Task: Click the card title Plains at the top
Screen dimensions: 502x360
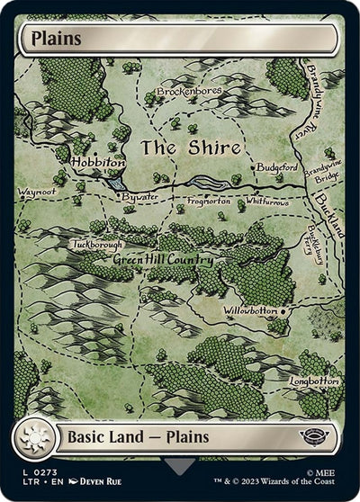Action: click(x=56, y=39)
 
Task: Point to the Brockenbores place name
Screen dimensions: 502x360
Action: click(x=189, y=92)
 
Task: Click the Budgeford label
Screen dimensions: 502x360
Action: click(x=276, y=167)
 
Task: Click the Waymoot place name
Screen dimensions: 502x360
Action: click(x=36, y=192)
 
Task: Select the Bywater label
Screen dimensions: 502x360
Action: click(x=139, y=195)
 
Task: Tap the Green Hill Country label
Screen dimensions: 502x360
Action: click(x=163, y=260)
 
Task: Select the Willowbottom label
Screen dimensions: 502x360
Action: click(x=251, y=310)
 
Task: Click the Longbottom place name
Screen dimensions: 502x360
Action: click(x=316, y=381)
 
